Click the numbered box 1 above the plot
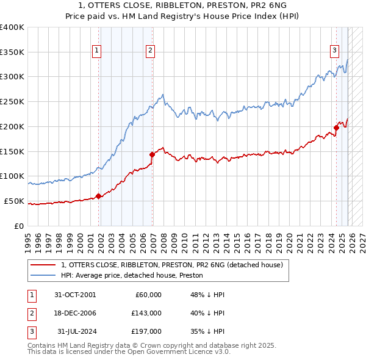[97, 51]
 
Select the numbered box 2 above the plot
[150, 51]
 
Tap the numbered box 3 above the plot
[334, 51]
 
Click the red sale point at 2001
[99, 196]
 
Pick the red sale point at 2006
[152, 154]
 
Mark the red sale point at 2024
[336, 128]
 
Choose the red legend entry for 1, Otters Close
[171, 265]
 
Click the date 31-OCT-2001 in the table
[75, 294]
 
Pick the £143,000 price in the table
[146, 312]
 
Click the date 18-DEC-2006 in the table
[75, 312]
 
